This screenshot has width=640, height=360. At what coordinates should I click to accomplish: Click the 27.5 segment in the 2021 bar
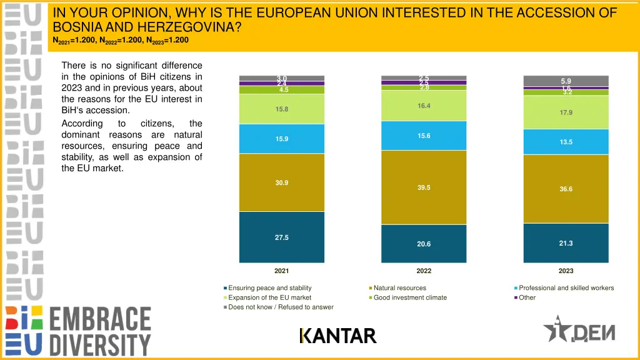pos(282,237)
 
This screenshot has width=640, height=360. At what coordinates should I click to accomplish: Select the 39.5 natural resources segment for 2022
pos(424,187)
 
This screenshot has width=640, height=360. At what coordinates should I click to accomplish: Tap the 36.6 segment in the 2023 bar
pos(566,189)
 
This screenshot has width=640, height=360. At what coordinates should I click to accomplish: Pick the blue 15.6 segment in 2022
pos(424,136)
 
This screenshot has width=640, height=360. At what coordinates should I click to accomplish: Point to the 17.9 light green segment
pos(566,112)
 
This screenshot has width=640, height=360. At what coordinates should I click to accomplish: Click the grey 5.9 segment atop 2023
pos(566,81)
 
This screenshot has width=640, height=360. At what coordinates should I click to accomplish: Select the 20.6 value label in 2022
pos(424,244)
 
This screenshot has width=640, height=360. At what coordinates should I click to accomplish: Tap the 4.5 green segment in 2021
pos(282,90)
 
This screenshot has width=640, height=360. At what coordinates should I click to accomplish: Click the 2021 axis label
pos(282,271)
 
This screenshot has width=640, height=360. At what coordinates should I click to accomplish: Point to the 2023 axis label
pos(566,271)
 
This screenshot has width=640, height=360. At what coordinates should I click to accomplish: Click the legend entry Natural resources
pos(399,288)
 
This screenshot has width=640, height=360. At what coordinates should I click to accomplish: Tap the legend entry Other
pos(527,297)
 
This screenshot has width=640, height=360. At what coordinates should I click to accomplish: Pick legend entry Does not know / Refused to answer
pos(280,307)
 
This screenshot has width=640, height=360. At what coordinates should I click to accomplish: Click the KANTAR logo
pos(338,336)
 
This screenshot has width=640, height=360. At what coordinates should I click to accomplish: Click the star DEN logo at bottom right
pos(579,329)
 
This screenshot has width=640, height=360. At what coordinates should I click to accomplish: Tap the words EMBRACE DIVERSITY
pos(100,331)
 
